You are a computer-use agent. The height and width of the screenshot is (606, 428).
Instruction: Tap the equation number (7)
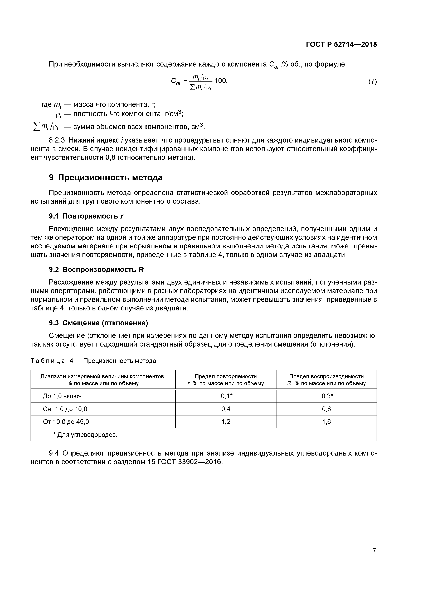(x=372, y=82)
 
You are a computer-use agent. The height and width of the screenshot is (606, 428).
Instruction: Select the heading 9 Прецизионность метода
(x=106, y=178)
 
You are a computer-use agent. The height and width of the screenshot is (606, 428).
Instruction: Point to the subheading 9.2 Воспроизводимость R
(x=96, y=269)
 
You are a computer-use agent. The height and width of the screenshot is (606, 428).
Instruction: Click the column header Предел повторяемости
(x=226, y=376)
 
